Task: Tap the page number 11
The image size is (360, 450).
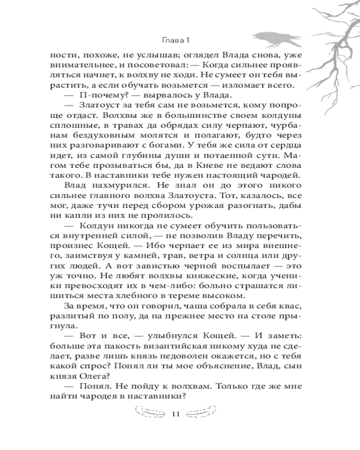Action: (x=176, y=414)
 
